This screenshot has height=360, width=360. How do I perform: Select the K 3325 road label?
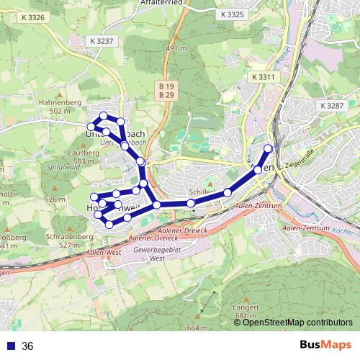point(233,14)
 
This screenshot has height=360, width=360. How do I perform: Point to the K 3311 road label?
point(264,76)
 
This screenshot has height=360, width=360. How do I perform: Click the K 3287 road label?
point(331,106)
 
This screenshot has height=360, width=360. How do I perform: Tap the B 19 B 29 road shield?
point(166,90)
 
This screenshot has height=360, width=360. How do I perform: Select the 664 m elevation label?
point(197,328)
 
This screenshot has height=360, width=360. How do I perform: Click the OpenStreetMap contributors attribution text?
point(297,322)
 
